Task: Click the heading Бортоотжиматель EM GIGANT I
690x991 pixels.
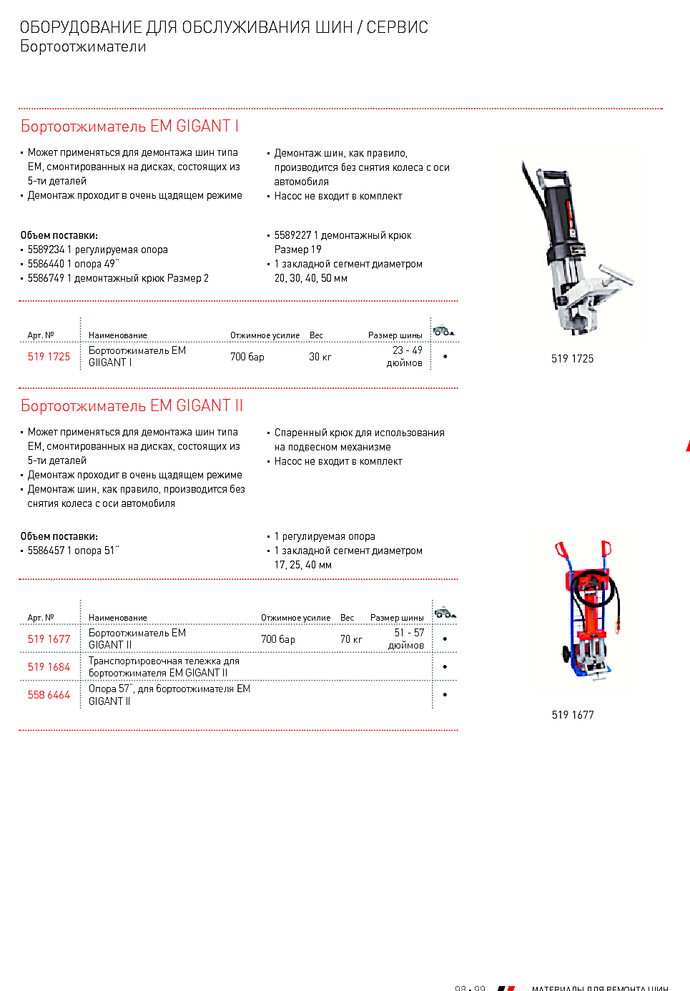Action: tap(129, 127)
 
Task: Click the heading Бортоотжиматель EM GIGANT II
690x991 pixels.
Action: tap(132, 406)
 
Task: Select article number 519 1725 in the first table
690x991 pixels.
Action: tap(49, 357)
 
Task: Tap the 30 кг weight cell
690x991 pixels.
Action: tap(320, 357)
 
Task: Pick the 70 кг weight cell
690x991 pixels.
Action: tap(350, 639)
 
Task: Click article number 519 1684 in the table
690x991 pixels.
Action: tap(49, 667)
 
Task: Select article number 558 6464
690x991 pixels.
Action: tap(49, 695)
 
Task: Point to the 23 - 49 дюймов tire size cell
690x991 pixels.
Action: tap(405, 356)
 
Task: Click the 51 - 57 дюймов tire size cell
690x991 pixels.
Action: tap(407, 639)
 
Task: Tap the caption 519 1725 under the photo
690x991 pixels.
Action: tap(572, 359)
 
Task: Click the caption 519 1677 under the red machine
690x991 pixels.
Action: tap(573, 715)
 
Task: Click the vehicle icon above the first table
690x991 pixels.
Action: tap(443, 330)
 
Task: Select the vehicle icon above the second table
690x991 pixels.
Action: tap(445, 613)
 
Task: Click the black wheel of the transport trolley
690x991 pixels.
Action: tap(567, 654)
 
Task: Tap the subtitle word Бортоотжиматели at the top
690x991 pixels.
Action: tap(83, 47)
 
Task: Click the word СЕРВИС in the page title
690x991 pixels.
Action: tap(397, 28)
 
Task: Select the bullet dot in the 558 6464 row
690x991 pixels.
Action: tap(445, 695)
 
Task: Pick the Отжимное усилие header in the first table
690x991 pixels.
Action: tap(265, 335)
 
